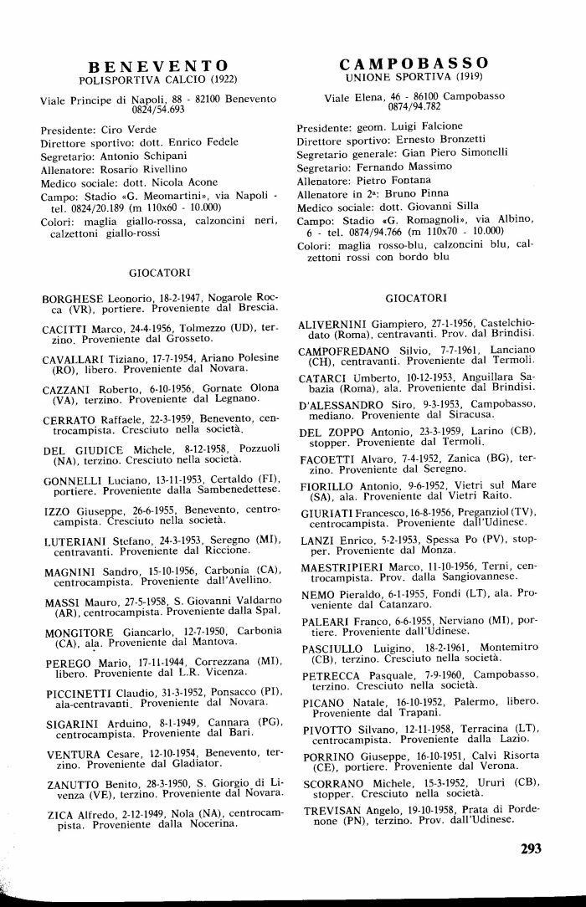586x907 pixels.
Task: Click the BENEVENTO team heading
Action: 158,66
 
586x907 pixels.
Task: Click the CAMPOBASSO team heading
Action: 414,63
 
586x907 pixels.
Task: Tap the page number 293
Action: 531,848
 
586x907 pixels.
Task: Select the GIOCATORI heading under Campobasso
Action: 415,297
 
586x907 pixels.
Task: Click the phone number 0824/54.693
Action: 158,110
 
